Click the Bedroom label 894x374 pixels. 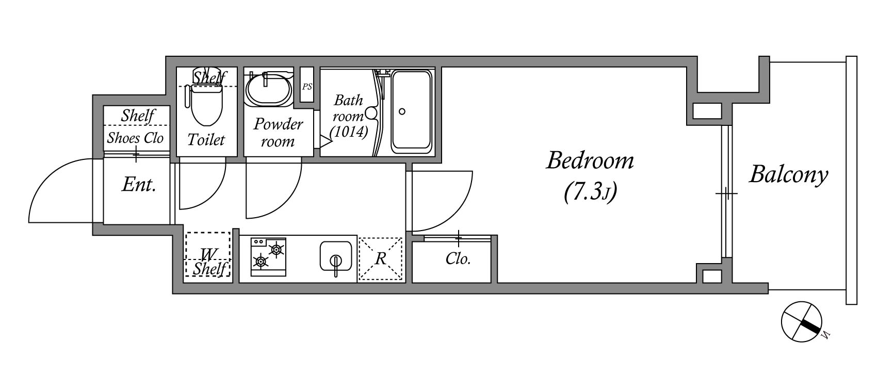[x=590, y=160]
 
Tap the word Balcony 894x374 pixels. [x=788, y=174]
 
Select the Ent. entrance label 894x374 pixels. [x=139, y=184]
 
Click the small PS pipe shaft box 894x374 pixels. [x=307, y=86]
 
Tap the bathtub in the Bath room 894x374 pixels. [x=411, y=111]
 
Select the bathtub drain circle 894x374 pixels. [x=402, y=111]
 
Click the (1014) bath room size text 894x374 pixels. [x=349, y=132]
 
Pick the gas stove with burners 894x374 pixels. [x=269, y=256]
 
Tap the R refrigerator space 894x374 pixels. [x=381, y=258]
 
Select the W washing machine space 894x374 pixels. [x=208, y=254]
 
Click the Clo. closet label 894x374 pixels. [x=458, y=258]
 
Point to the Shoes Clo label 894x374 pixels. [x=135, y=138]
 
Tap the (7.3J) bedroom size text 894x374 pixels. [x=590, y=192]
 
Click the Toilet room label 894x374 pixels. [x=206, y=139]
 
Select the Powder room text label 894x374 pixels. [x=278, y=133]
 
